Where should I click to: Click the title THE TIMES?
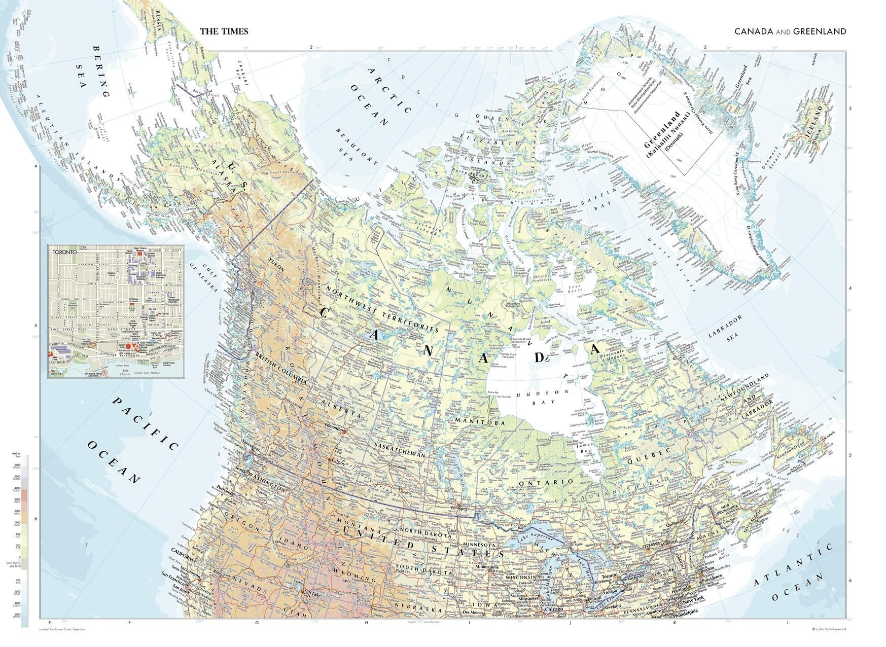click(x=224, y=31)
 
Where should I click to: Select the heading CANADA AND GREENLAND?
click(x=790, y=31)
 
